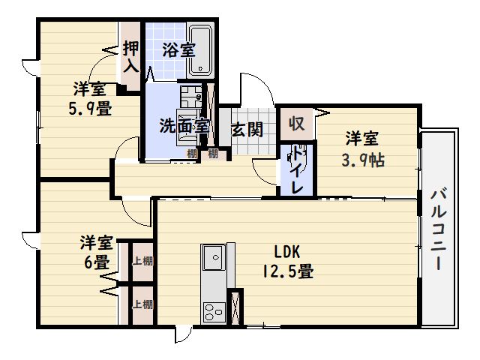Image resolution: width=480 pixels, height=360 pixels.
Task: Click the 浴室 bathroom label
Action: point(178,51)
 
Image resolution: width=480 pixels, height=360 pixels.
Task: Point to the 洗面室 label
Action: point(183,127)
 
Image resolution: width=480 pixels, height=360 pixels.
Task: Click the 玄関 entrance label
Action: point(247,129)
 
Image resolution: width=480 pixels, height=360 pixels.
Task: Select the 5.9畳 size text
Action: point(90,108)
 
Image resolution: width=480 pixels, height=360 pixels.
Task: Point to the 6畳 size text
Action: point(96,262)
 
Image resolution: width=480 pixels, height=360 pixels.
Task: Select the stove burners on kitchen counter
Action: point(213,310)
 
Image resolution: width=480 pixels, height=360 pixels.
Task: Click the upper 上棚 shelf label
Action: point(142,262)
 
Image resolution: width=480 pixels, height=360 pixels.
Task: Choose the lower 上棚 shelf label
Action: point(142,304)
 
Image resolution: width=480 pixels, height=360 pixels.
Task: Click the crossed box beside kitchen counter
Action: point(237,308)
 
